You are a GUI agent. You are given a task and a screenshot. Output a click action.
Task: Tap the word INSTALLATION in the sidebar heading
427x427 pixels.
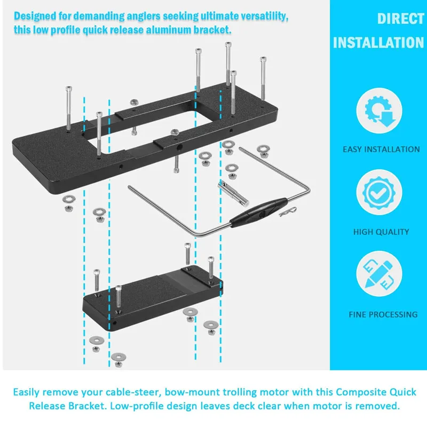[x=378, y=42]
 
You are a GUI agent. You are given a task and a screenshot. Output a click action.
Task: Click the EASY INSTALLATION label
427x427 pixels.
[x=381, y=149]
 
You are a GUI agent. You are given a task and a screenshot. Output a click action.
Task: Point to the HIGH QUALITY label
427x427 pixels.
[x=381, y=232]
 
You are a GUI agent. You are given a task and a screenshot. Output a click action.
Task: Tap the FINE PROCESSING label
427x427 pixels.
[x=383, y=314]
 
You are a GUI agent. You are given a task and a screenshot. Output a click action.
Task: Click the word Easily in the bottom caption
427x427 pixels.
[x=28, y=392]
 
